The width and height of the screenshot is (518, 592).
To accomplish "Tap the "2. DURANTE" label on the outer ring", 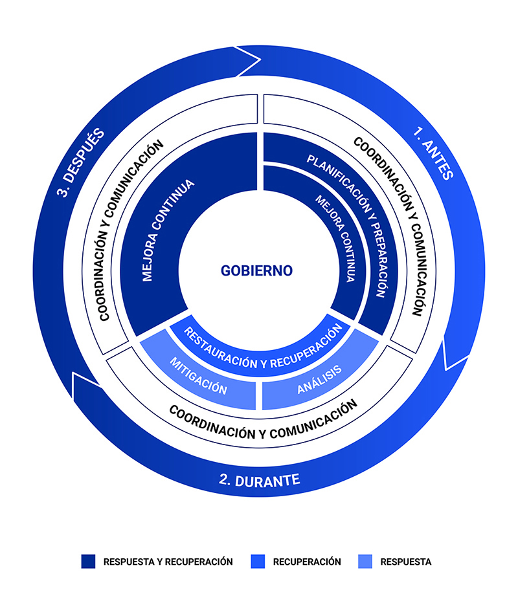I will coord(258,480).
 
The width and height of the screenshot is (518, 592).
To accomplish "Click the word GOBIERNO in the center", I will coord(256,270).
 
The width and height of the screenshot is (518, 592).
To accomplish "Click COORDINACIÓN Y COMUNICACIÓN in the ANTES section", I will coord(390,226).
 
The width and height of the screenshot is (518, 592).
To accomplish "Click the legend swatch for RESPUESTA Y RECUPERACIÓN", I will coord(89,562).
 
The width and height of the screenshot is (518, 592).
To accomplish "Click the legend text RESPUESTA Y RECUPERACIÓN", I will coord(168,562).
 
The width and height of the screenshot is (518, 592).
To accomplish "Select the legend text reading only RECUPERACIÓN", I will coord(307,562).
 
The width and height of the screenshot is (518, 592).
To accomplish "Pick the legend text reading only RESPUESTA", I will coord(406,562).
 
